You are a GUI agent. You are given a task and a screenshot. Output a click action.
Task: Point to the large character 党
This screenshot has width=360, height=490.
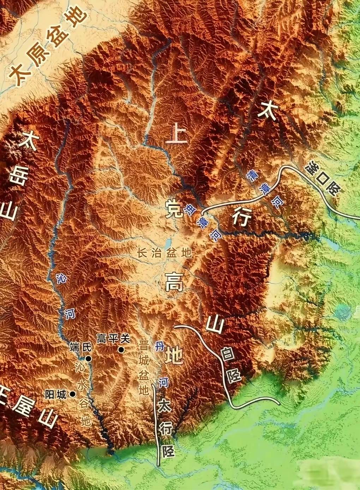click(174, 209)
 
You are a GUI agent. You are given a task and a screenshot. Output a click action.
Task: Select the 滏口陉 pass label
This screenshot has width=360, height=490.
click(323, 179)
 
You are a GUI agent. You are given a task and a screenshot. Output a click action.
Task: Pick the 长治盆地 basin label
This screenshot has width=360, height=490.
click(164, 253)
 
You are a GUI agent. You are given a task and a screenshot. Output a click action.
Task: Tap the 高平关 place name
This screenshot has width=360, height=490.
click(113, 339)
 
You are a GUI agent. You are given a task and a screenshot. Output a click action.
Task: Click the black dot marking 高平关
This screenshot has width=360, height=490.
click(121, 349)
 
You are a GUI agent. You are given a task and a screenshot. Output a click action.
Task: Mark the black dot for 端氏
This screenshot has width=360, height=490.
click(88, 359)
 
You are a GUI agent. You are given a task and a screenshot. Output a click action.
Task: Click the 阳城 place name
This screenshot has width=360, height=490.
click(56, 394)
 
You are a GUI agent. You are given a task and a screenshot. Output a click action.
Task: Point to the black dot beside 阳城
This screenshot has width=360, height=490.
click(72, 394)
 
